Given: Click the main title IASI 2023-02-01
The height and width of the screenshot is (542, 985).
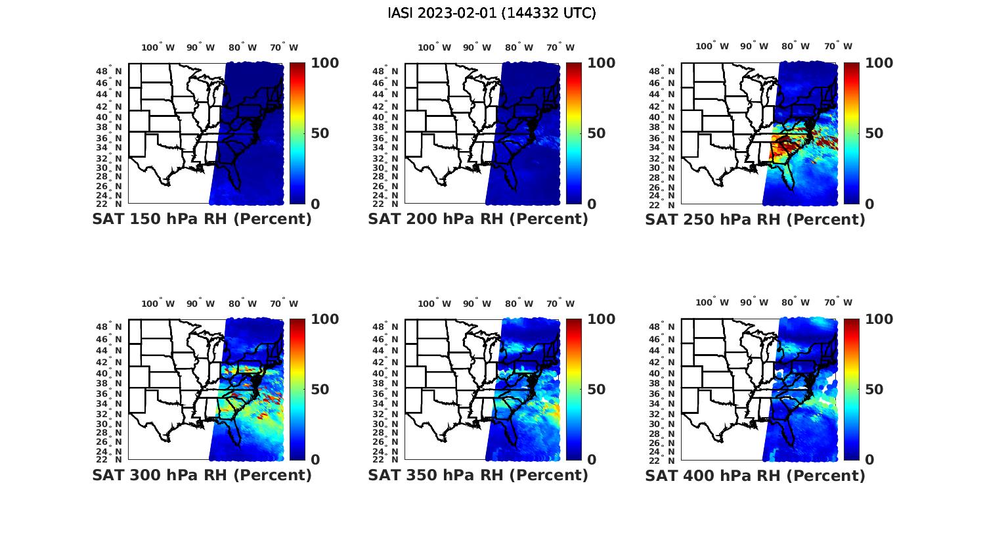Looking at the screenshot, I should [492, 13].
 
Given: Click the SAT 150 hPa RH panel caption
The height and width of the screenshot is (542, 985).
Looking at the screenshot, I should [202, 219].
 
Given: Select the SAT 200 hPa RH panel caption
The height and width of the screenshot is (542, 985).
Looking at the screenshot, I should [478, 219].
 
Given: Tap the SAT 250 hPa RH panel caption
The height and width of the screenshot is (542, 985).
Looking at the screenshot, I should [755, 219].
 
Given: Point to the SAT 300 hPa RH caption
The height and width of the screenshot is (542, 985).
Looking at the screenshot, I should [202, 475].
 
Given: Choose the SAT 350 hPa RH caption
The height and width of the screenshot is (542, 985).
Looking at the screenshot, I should [478, 475].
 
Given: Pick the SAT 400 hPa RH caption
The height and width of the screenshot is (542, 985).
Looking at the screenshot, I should [755, 475].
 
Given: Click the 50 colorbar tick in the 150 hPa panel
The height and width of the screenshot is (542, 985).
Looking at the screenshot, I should [319, 133].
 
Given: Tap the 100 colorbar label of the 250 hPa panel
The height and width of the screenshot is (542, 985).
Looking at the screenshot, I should [879, 63].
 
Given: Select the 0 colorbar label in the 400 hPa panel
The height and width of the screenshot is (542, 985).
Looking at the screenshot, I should [870, 460].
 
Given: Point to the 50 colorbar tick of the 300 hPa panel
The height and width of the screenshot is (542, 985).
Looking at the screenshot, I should [319, 390].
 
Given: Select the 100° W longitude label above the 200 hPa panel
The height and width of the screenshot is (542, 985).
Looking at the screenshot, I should [434, 47].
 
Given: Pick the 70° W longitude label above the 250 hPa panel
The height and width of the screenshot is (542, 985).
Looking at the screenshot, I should [839, 46].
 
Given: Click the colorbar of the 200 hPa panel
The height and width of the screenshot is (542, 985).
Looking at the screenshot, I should [574, 133].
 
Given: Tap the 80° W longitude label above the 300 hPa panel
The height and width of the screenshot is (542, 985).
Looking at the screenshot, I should [243, 304].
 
